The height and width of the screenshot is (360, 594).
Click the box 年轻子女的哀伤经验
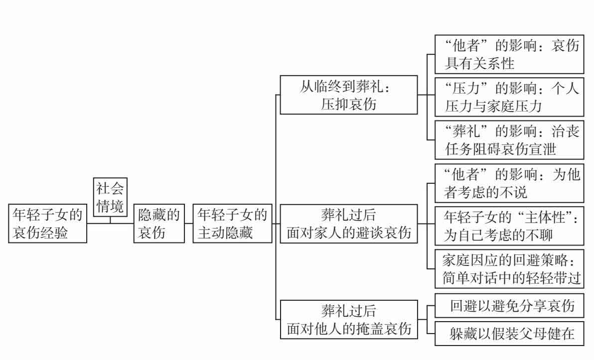click(48, 224)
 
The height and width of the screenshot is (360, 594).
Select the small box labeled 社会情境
click(110, 197)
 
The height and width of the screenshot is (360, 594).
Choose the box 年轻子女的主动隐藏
click(232, 224)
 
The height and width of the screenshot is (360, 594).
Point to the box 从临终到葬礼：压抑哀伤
click(348, 95)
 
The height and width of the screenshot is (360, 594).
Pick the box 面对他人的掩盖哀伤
click(348, 319)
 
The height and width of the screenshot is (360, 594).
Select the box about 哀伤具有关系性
click(508, 54)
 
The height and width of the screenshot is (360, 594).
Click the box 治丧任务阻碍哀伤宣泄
click(508, 140)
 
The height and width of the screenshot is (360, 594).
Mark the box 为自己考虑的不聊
click(508, 225)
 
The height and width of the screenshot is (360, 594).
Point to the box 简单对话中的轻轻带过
click(508, 269)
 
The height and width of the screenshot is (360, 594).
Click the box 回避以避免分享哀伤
click(508, 307)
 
